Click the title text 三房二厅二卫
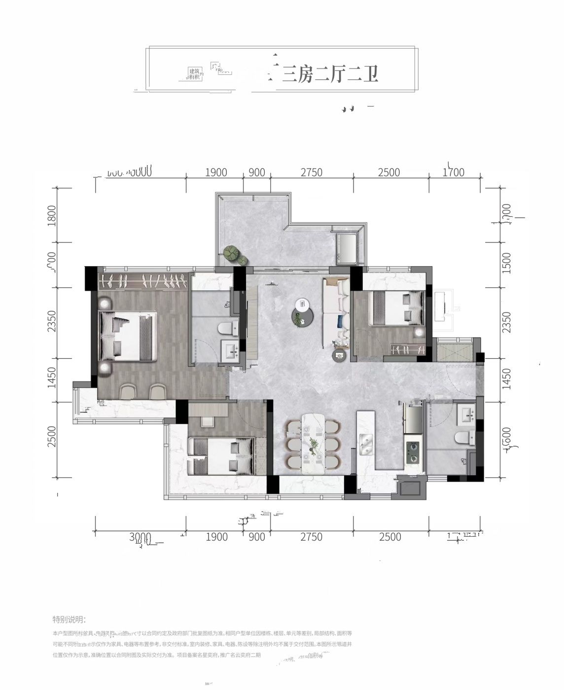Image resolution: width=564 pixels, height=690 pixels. [330, 74]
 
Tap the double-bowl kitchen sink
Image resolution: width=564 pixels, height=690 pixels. [365, 445]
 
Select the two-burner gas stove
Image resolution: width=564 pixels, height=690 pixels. [412, 452]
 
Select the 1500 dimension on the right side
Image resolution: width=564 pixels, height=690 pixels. [506, 264]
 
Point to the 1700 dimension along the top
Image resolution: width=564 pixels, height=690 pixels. [454, 172]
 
